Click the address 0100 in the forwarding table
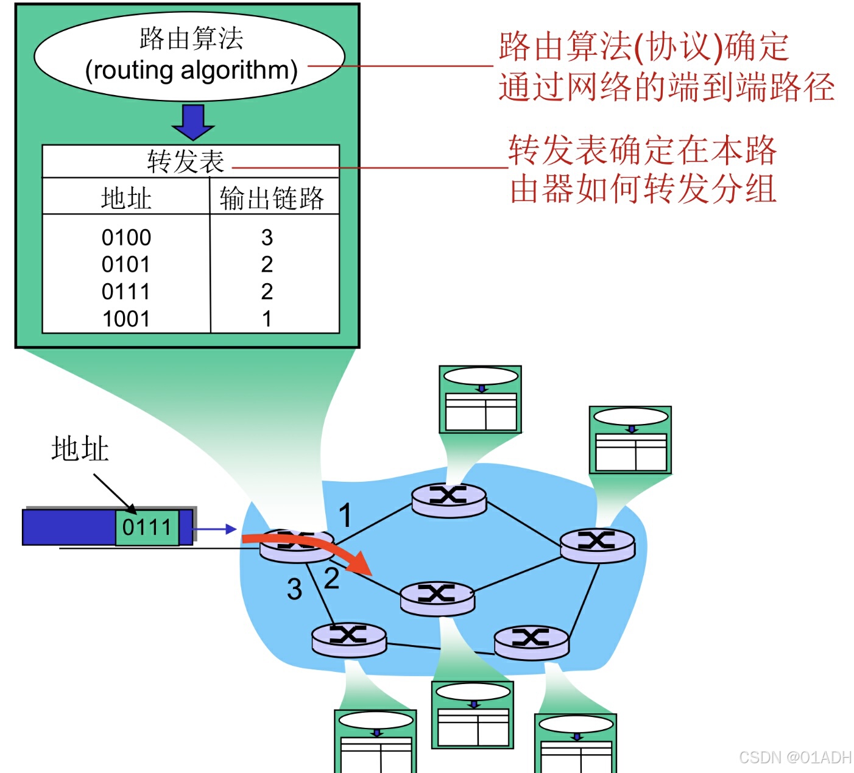click(x=126, y=237)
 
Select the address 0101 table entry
click(x=126, y=264)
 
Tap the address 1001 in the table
click(x=126, y=319)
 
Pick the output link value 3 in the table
click(x=267, y=237)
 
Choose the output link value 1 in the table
click(x=267, y=319)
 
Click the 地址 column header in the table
click(x=126, y=198)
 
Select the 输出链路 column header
click(x=272, y=198)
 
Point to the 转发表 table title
click(x=186, y=161)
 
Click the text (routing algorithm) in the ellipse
click(x=191, y=70)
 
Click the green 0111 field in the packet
click(x=147, y=527)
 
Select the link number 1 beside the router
click(x=345, y=515)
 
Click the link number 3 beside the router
click(x=295, y=589)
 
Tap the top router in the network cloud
click(x=449, y=499)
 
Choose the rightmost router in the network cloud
click(x=597, y=544)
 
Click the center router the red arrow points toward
click(x=437, y=597)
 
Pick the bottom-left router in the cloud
click(x=348, y=638)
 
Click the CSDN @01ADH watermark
click(x=795, y=757)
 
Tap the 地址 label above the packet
click(x=80, y=449)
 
